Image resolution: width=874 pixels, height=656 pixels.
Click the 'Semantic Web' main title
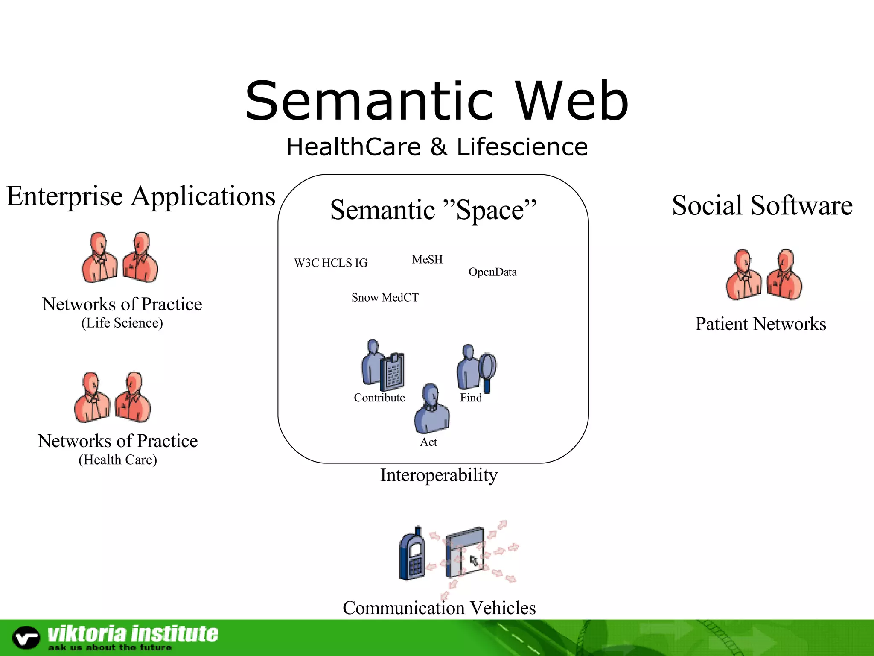(x=437, y=101)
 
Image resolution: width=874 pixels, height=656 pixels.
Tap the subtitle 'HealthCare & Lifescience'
(x=437, y=147)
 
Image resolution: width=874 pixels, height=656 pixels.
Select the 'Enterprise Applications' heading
(x=141, y=196)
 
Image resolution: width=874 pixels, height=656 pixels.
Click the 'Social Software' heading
(x=762, y=205)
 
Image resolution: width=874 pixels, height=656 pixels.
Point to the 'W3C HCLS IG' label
(x=331, y=263)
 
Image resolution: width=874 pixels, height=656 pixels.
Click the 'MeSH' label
(x=427, y=260)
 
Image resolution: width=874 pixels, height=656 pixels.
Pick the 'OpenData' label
(x=492, y=272)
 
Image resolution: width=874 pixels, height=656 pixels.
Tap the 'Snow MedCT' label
(x=385, y=298)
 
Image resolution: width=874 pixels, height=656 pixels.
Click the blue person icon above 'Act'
(x=431, y=409)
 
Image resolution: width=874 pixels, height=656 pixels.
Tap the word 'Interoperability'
(x=439, y=475)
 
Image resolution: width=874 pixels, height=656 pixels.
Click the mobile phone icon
(x=412, y=554)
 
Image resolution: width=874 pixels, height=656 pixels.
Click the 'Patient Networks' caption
(x=761, y=324)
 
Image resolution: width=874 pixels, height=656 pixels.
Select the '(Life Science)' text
(x=122, y=323)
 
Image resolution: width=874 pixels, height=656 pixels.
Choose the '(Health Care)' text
(x=118, y=460)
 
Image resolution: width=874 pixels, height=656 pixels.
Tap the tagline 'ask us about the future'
(x=110, y=648)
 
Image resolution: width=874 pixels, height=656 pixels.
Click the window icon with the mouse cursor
(x=465, y=555)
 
